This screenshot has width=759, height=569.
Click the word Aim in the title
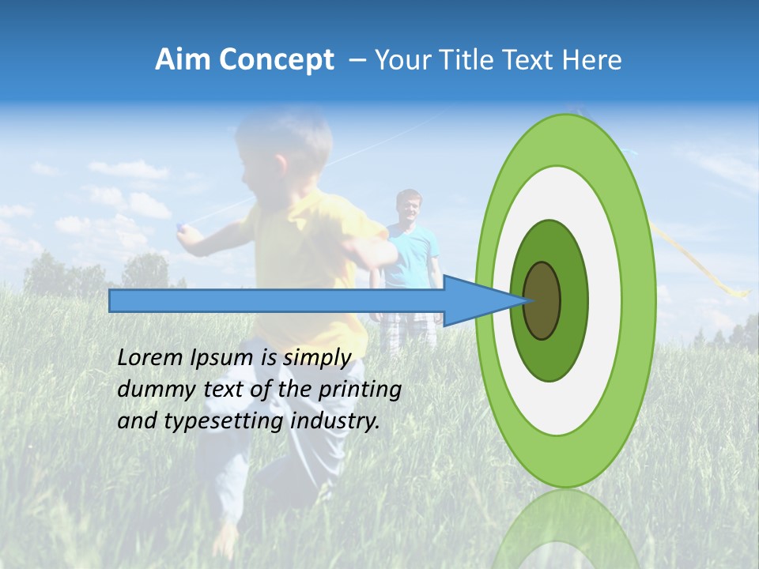click(183, 60)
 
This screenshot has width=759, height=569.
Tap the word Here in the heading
click(593, 60)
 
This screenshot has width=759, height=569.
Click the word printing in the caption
click(360, 390)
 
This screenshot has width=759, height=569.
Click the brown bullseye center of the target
click(542, 300)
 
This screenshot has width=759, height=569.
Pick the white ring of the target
click(604, 300)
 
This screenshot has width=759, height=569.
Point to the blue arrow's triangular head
click(474, 300)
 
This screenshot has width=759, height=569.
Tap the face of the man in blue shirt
click(409, 208)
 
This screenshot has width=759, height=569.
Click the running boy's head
click(281, 150)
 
